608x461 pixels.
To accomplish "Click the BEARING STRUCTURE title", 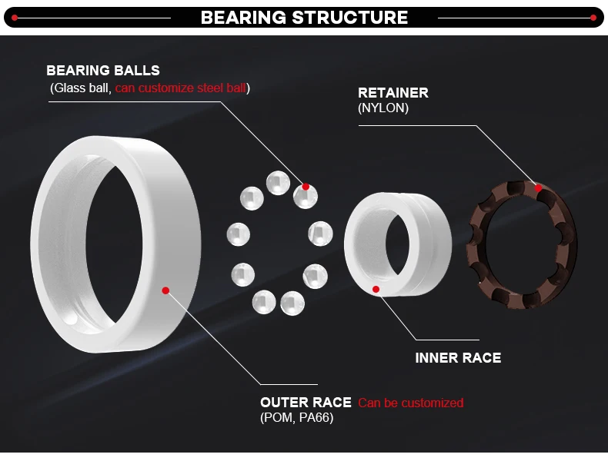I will tap(304, 17).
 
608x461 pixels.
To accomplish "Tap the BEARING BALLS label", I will tap(103, 71).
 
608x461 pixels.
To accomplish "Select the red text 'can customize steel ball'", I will tap(181, 88).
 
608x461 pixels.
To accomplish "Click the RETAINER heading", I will tap(393, 93).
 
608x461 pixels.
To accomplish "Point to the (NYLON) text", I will tap(383, 108).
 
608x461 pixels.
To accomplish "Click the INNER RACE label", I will tap(458, 358).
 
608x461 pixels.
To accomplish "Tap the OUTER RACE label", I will tap(306, 403).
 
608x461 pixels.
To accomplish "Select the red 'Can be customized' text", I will tap(411, 403).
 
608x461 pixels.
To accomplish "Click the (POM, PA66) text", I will tap(296, 418).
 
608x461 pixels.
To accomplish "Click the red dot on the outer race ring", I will tap(165, 290).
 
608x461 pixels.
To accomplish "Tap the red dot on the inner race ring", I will tap(376, 289).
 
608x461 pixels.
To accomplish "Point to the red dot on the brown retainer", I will tap(539, 187).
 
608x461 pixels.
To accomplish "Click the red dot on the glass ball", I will tap(306, 187).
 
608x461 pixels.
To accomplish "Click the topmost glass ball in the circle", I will tap(278, 183).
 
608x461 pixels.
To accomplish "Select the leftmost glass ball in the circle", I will tap(239, 233).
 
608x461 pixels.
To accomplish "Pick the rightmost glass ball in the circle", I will tap(320, 233).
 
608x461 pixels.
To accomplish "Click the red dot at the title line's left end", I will tap(15, 17).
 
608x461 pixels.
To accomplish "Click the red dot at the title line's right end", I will tap(593, 17).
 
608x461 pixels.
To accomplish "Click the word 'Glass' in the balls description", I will tap(68, 88).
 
